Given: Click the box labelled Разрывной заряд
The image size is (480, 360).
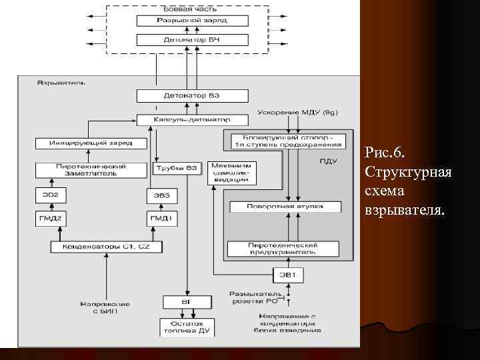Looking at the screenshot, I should pos(187,21).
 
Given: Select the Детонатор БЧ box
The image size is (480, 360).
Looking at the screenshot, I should pos(187,40).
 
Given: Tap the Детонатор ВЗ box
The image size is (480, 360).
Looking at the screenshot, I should pos(187,96).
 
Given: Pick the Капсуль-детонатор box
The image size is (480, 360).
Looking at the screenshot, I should pos(192,121).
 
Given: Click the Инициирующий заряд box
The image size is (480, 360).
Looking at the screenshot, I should pos(90,143).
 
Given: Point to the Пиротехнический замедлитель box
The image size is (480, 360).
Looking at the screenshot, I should pos(90,170).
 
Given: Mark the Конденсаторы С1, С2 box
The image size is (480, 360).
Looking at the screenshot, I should pos(107,247).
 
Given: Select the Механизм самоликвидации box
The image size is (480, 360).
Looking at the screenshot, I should pos(231,173).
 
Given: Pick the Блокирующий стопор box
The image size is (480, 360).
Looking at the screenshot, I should pos(287,141).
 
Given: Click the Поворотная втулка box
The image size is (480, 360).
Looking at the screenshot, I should pos(285,207).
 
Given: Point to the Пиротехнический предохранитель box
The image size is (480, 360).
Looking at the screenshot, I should pos(285,249).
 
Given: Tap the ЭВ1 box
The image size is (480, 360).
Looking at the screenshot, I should pos(288,275).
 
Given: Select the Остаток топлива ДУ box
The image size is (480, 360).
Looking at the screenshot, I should pos(187,327).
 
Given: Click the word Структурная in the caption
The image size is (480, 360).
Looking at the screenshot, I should pos(409,173).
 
